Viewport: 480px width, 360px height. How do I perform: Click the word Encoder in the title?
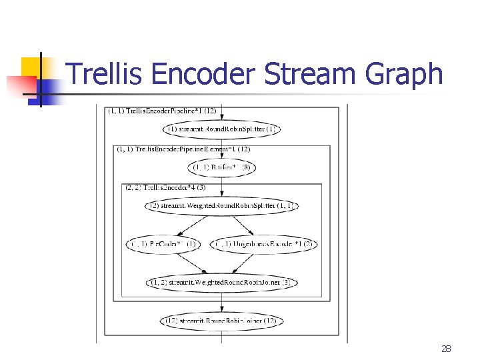point(203,73)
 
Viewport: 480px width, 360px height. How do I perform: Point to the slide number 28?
point(446,349)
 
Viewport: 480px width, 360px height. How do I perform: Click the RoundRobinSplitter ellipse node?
point(221,129)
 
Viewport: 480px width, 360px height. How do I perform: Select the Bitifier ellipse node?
point(221,167)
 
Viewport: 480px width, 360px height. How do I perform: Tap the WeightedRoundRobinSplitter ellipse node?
point(221,206)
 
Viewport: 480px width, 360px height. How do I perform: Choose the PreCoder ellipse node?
point(163,244)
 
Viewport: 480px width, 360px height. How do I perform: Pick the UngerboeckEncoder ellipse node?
point(264,244)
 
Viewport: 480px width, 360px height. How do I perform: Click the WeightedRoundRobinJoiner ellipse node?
point(221,283)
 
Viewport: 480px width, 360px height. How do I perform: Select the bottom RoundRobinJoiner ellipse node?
point(221,321)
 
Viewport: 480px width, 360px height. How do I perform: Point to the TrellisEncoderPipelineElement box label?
point(183,149)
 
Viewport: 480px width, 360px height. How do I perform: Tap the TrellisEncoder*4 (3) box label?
point(165,187)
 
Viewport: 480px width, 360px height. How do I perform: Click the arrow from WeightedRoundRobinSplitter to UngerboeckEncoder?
point(244,225)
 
